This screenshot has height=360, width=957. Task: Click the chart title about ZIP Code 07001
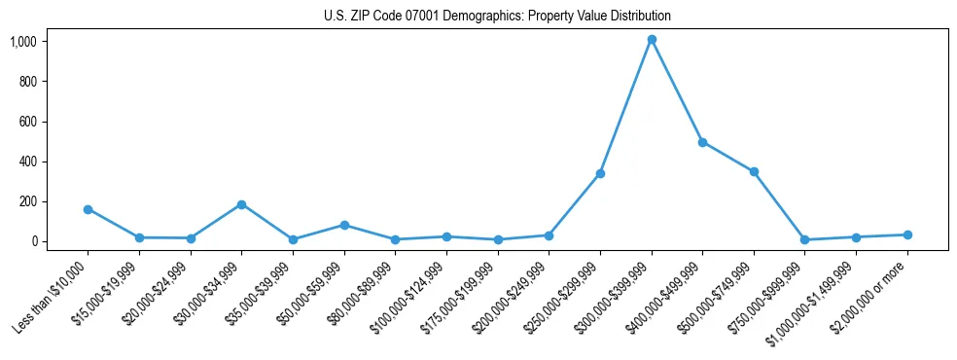[x=497, y=17]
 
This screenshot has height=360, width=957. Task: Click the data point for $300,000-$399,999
[x=652, y=40]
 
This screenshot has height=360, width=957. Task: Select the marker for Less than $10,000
[x=89, y=209]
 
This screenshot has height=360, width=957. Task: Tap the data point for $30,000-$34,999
[x=241, y=204]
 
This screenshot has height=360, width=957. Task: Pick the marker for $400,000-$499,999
[x=702, y=142]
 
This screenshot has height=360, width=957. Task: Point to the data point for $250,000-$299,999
[x=600, y=173]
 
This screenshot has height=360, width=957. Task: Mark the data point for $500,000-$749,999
[x=754, y=172]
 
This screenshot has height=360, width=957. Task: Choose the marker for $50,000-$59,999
[x=344, y=225]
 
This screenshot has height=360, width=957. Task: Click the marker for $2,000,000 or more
[x=907, y=234]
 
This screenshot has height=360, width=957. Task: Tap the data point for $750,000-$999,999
[x=805, y=239]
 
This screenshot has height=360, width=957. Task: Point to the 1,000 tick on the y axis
[x=23, y=42]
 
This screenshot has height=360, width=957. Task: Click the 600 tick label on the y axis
[x=27, y=122]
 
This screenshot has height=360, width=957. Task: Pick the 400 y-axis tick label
[x=27, y=162]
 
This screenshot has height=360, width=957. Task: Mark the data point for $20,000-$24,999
[x=191, y=238]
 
